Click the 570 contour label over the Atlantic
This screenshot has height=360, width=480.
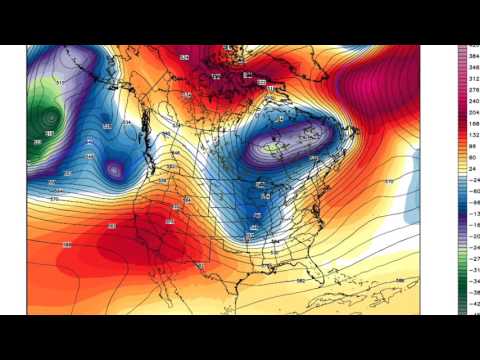point(389,181)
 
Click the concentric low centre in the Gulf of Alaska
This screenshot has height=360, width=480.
point(45,120)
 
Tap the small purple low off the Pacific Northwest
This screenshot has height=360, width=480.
point(115,171)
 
